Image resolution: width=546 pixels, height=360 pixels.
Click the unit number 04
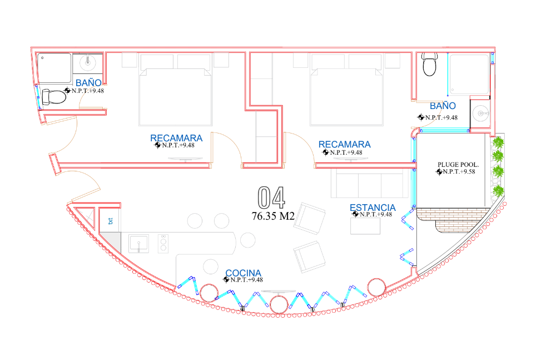[271, 198]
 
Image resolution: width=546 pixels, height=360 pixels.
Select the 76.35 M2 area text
[274, 215]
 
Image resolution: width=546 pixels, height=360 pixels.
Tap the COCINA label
[243, 273]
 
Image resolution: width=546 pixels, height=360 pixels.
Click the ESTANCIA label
[373, 208]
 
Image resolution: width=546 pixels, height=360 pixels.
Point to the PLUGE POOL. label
[458, 165]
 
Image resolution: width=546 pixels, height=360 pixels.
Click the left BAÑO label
[88, 83]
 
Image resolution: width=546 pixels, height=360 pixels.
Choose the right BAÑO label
[443, 106]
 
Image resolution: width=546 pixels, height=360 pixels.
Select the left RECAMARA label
[176, 138]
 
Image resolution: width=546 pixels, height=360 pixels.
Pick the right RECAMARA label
[344, 145]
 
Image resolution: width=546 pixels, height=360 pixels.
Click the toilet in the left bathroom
[54, 97]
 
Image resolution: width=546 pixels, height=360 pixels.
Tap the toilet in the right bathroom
[430, 65]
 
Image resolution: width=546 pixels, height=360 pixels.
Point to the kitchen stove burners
[163, 243]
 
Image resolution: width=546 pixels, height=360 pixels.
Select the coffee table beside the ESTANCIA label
[365, 226]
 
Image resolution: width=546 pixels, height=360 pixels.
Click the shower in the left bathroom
[54, 67]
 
